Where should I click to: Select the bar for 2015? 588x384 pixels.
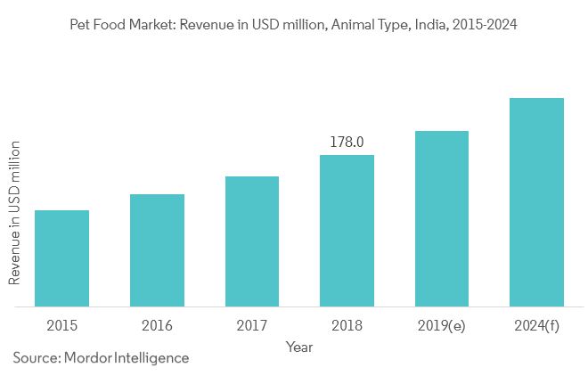[62, 258]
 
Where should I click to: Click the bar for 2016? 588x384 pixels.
[157, 250]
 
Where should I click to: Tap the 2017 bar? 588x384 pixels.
[252, 241]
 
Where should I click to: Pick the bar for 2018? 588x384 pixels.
[347, 231]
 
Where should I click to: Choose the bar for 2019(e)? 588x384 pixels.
[442, 218]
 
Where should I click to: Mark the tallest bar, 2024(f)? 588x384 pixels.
[536, 202]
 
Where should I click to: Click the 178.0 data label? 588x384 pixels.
[347, 142]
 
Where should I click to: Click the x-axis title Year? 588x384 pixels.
[299, 346]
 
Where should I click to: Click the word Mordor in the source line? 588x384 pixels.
[88, 358]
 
